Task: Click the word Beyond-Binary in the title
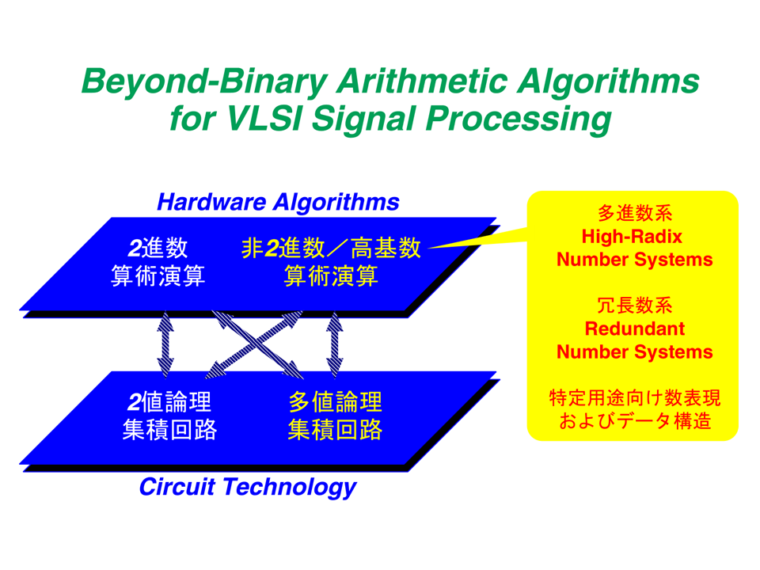click(x=204, y=82)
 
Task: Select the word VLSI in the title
click(x=264, y=118)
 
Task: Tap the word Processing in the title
click(x=519, y=120)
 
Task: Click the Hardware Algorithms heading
click(x=278, y=202)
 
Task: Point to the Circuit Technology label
click(x=248, y=487)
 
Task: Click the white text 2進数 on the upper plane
click(x=158, y=248)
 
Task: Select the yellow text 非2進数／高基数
click(x=331, y=248)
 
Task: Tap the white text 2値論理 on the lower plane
click(x=169, y=402)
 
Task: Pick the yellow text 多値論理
click(x=335, y=402)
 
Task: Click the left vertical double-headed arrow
click(x=165, y=344)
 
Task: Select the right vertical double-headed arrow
click(x=334, y=344)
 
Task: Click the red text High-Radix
click(x=632, y=237)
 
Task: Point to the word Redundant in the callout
click(x=634, y=329)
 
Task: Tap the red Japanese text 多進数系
click(x=634, y=213)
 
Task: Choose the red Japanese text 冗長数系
click(x=634, y=306)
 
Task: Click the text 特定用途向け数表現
click(x=634, y=398)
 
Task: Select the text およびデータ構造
click(x=634, y=420)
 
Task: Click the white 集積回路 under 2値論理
click(x=169, y=429)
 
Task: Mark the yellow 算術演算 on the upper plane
click(x=331, y=276)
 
